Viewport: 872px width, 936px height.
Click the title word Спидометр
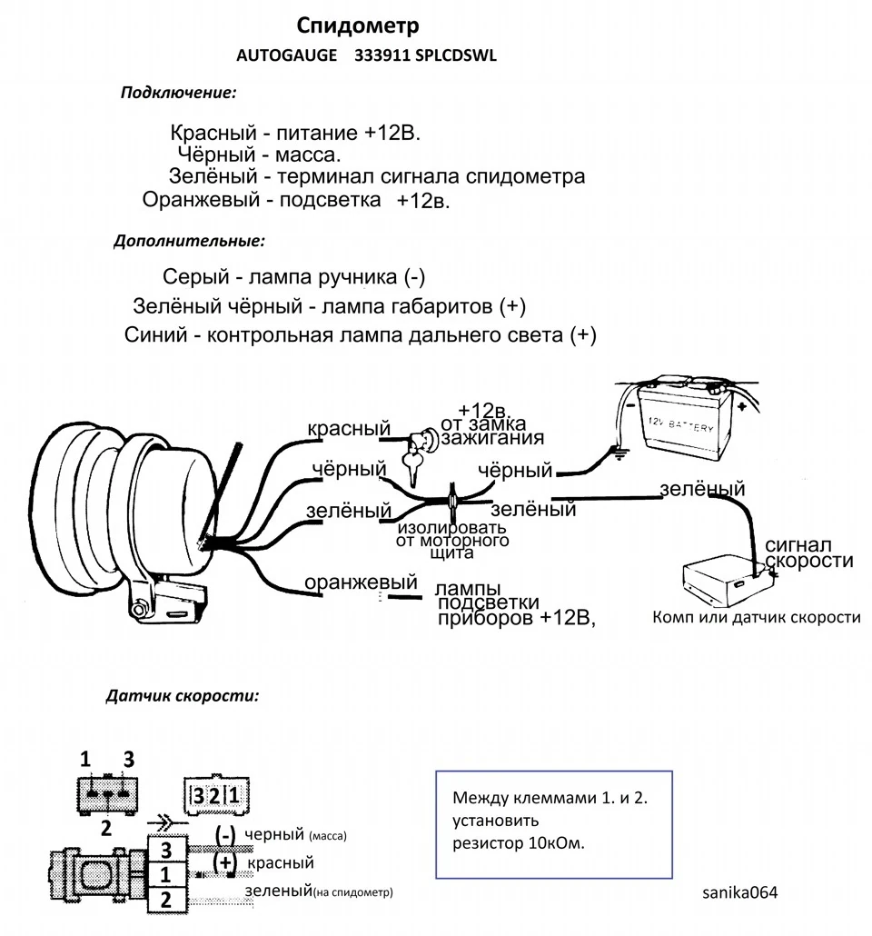coord(358,26)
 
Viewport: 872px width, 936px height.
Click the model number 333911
coord(382,55)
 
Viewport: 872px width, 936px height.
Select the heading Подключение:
coord(178,93)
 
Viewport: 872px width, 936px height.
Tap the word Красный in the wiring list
coord(213,132)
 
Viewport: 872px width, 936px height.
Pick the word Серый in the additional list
coord(196,276)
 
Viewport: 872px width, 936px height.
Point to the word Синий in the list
coord(155,334)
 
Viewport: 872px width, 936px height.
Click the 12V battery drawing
coord(679,422)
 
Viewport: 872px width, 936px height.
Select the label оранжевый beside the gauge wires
coord(361,582)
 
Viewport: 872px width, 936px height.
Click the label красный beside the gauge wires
coord(349,428)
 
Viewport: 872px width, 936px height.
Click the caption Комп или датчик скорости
coord(757,617)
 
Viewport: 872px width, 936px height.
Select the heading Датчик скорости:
coord(182,696)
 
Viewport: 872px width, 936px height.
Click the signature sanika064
coord(740,892)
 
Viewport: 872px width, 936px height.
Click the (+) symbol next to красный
coord(225,862)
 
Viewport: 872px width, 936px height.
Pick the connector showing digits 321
coord(215,795)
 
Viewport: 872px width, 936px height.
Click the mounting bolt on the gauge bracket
coord(139,610)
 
